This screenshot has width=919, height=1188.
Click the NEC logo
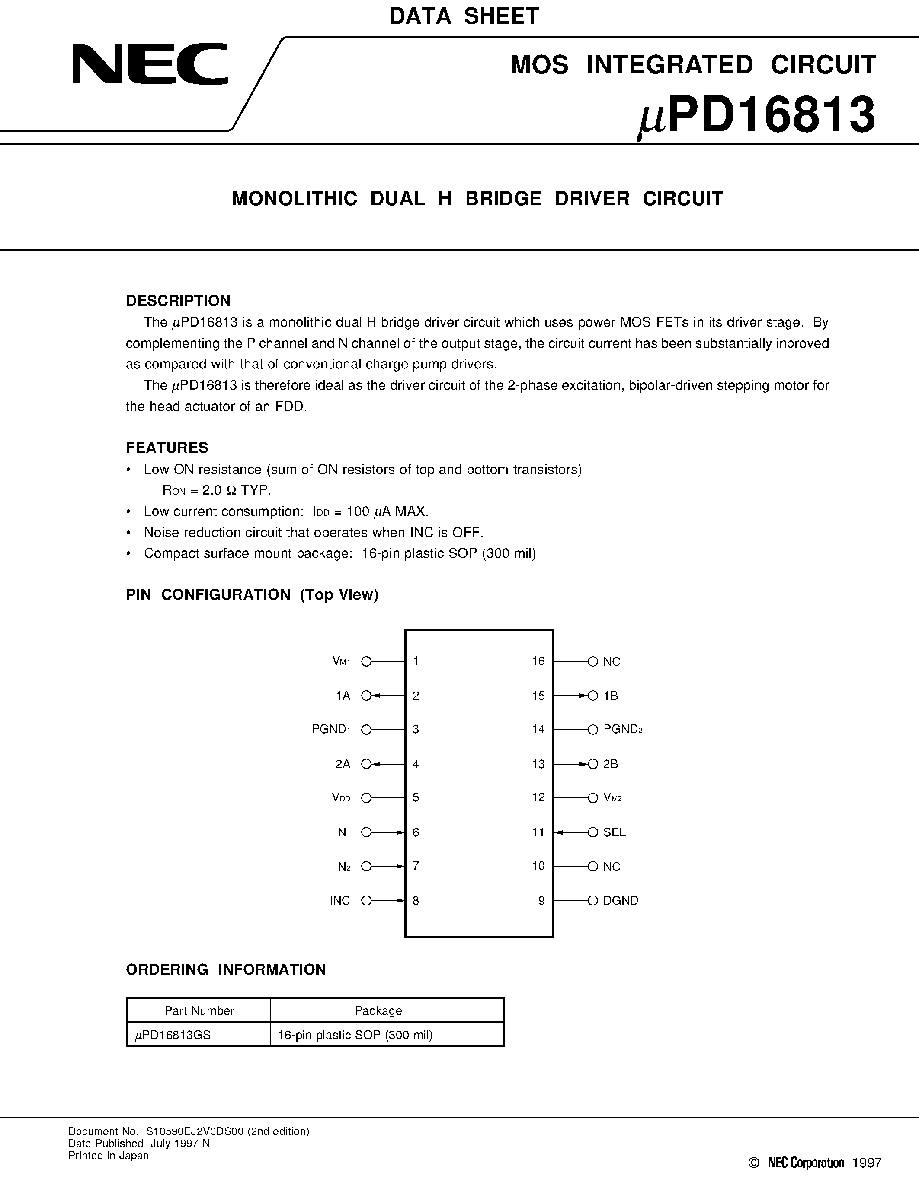coord(150,64)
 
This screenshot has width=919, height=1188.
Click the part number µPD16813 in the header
coord(757,115)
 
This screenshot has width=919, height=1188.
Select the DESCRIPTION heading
coord(178,301)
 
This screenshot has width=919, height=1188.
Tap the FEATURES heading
coord(167,448)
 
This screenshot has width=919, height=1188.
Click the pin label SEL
coord(614,832)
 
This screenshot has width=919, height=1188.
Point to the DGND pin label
coord(620,900)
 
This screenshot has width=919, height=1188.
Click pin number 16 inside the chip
coord(538,661)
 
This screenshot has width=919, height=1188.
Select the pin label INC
coord(340,900)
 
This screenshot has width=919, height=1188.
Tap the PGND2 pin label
coord(622,730)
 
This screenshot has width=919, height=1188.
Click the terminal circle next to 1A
coord(366,696)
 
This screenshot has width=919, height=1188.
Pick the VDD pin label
coord(341,798)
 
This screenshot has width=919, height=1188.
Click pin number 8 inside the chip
coord(416,900)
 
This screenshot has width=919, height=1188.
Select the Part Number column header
coord(199,1011)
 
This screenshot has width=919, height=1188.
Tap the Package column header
coord(378,1011)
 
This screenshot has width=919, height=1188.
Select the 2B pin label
coord(610,764)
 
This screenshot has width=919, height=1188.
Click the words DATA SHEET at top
coord(464,16)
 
